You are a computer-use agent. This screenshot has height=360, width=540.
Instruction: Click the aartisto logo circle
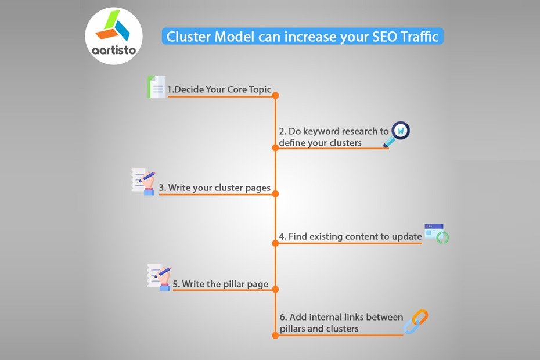point(114,35)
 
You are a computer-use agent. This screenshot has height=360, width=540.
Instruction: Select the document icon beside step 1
point(156,87)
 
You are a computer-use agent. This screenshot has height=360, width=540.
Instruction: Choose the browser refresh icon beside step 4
point(437,233)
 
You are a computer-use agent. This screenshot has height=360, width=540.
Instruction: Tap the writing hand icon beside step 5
point(159,277)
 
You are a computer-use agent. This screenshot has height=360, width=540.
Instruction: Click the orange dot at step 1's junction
point(275,96)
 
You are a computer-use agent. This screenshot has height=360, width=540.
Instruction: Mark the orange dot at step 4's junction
point(275,243)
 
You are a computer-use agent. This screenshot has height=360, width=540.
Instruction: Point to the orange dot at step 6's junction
point(275,335)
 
